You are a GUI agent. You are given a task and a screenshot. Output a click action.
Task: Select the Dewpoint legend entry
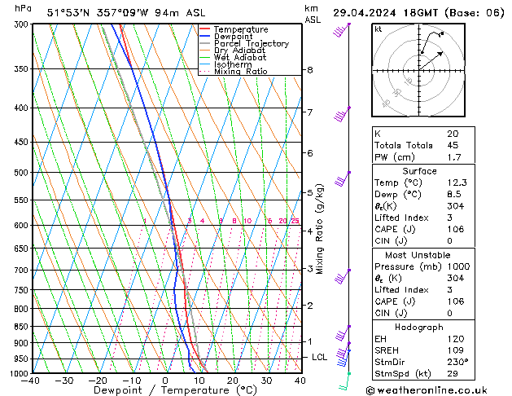pos(232,37)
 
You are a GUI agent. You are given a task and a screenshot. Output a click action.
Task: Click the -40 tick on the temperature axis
pos(31,381)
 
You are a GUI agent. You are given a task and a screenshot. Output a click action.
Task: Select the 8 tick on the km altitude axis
pos(309,70)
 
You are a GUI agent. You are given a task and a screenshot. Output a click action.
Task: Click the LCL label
pos(319,357)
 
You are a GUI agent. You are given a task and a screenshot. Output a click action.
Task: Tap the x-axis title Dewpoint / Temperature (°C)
pos(165,390)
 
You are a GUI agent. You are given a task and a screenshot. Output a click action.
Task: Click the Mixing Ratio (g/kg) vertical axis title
pos(320,229)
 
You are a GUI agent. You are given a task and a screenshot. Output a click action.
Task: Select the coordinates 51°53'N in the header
pos(71,12)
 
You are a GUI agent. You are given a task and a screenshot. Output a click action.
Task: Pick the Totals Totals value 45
pos(452,146)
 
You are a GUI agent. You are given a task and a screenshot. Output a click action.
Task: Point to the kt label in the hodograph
pos(378,29)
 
